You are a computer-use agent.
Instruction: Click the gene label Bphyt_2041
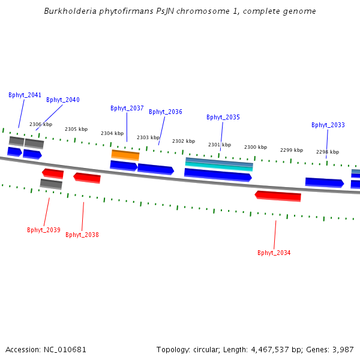click(25, 95)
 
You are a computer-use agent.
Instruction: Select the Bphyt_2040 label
click(62, 100)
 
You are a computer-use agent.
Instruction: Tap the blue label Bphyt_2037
click(127, 109)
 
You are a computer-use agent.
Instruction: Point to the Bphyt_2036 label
click(165, 112)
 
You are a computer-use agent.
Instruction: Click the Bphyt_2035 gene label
click(223, 118)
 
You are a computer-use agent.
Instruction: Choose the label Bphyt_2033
click(328, 125)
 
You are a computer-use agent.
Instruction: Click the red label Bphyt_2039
click(43, 230)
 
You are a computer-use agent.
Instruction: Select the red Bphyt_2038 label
click(82, 235)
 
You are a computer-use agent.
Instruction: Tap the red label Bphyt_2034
click(274, 253)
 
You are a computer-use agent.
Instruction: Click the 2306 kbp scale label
click(41, 125)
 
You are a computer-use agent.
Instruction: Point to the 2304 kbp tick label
click(112, 134)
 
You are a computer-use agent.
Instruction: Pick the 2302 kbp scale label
click(184, 142)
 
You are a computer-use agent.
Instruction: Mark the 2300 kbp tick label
click(255, 148)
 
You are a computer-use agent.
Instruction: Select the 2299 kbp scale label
click(292, 151)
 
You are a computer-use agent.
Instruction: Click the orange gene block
click(125, 155)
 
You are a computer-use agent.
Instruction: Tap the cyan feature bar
click(219, 166)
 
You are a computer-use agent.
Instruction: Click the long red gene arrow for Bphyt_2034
click(278, 196)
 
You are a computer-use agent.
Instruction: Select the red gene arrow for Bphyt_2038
click(87, 178)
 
